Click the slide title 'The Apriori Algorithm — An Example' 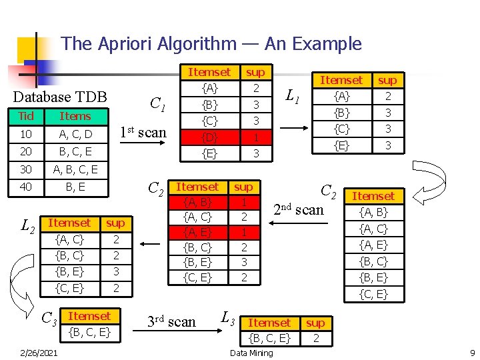(x=211, y=44)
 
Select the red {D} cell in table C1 (x=209, y=137)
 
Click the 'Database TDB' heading (x=60, y=97)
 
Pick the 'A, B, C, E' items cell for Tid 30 (x=75, y=169)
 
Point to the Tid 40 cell (x=26, y=187)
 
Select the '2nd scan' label (x=299, y=209)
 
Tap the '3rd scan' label (x=172, y=322)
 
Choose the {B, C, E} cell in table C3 (x=89, y=332)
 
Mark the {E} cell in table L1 (x=342, y=145)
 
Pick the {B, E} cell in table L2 (x=69, y=271)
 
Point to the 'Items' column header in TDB (x=75, y=116)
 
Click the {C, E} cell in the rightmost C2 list (x=373, y=293)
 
